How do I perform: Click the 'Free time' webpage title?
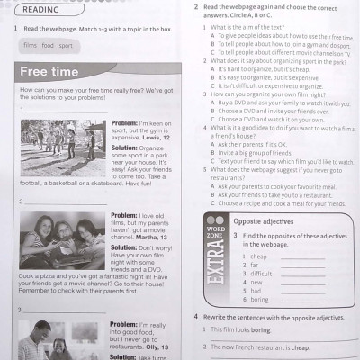click(49, 72)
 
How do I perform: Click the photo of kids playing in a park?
click(62, 149)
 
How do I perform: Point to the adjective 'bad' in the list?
click(258, 291)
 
